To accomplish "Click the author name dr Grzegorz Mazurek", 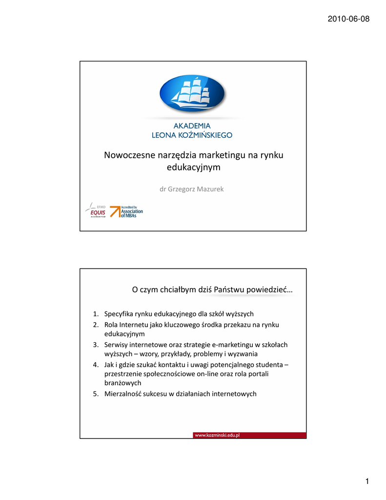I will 192,188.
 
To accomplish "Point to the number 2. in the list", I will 96,325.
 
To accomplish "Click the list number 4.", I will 96,365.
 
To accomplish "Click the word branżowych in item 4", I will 123,383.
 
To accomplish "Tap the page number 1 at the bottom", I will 367,482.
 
